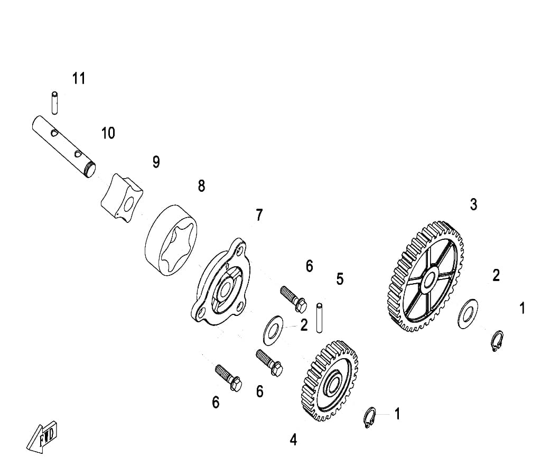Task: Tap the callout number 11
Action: [x=79, y=79]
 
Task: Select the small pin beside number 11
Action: [x=54, y=103]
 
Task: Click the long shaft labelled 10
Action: [x=64, y=146]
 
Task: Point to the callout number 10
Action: [x=108, y=133]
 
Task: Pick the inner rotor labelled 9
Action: [x=122, y=198]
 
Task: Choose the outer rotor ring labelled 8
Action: [x=171, y=241]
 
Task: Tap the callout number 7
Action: [x=259, y=215]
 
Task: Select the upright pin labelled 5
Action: [x=320, y=318]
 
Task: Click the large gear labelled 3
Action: [x=424, y=277]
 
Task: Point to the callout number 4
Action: [x=293, y=440]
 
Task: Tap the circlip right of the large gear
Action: [x=497, y=341]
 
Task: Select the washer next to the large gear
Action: [x=468, y=314]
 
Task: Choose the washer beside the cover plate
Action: [x=273, y=330]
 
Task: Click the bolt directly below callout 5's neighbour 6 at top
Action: [x=294, y=298]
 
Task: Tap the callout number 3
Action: [x=474, y=204]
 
